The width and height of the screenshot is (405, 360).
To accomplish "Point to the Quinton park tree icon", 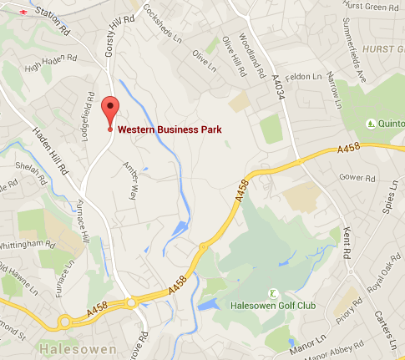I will click(x=371, y=124).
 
